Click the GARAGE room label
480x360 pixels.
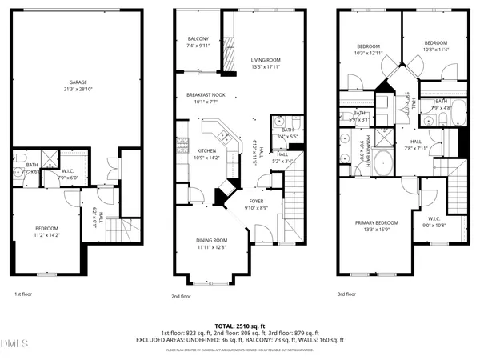point(78,82)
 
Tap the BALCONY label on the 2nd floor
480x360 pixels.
point(198,39)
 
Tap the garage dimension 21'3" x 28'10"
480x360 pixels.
point(78,88)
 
